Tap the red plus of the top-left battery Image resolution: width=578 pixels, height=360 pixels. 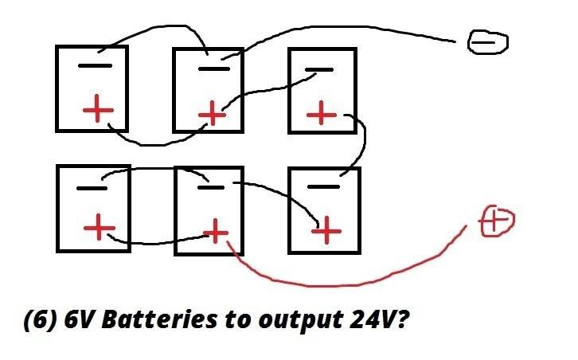click(98, 110)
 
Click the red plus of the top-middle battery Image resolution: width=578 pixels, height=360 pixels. click(212, 114)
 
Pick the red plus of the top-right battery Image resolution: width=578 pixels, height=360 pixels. click(322, 113)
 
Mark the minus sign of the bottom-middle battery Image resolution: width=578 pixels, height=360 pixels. click(209, 188)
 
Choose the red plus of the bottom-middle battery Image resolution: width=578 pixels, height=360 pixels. click(214, 233)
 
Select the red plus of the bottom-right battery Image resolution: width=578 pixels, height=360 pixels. click(326, 231)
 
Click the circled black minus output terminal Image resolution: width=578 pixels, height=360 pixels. click(486, 42)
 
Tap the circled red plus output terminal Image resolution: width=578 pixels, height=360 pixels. click(496, 221)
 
